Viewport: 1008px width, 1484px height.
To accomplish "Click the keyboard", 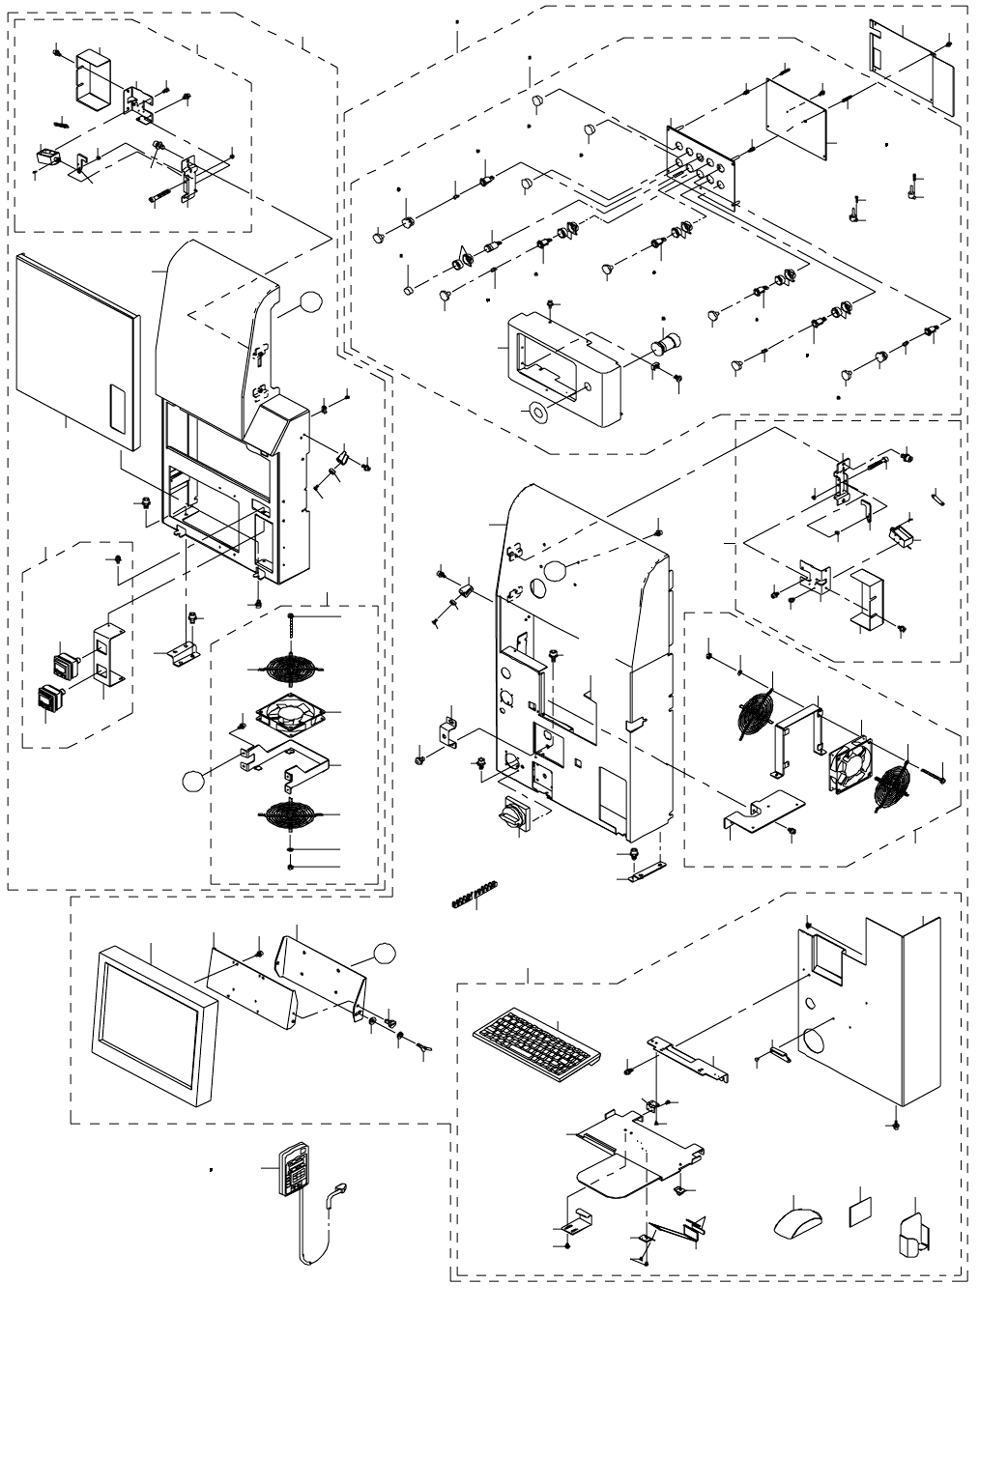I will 536,1038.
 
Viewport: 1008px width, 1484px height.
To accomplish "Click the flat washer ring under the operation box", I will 533,412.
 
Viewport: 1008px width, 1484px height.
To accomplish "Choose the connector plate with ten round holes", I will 701,163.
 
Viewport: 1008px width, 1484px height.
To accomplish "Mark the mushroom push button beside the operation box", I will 664,345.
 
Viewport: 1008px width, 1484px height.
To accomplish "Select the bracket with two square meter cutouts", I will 105,656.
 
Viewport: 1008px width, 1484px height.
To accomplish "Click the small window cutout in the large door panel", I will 119,410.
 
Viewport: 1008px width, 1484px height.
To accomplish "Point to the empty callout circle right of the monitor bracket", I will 385,953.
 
